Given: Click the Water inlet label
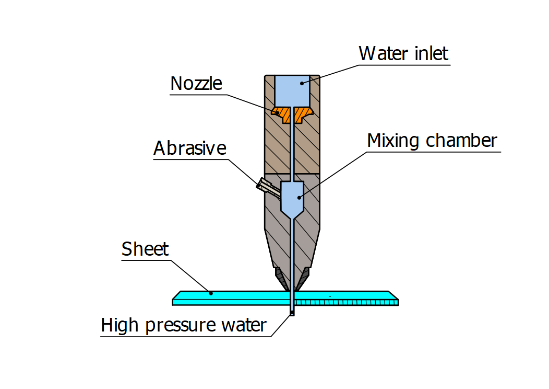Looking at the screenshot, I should pyautogui.click(x=403, y=53).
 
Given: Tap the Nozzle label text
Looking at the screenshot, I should pyautogui.click(x=196, y=84).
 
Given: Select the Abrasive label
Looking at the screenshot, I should pyautogui.click(x=190, y=148).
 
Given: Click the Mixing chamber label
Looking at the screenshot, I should pyautogui.click(x=432, y=141).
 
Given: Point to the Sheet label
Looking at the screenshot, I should pyautogui.click(x=145, y=249).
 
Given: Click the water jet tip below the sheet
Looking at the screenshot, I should pyautogui.click(x=292, y=312).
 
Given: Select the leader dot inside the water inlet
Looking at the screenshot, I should pyautogui.click(x=301, y=84).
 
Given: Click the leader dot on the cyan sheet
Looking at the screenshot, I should pyautogui.click(x=211, y=293).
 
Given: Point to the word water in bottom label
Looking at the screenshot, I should pyautogui.click(x=241, y=325).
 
